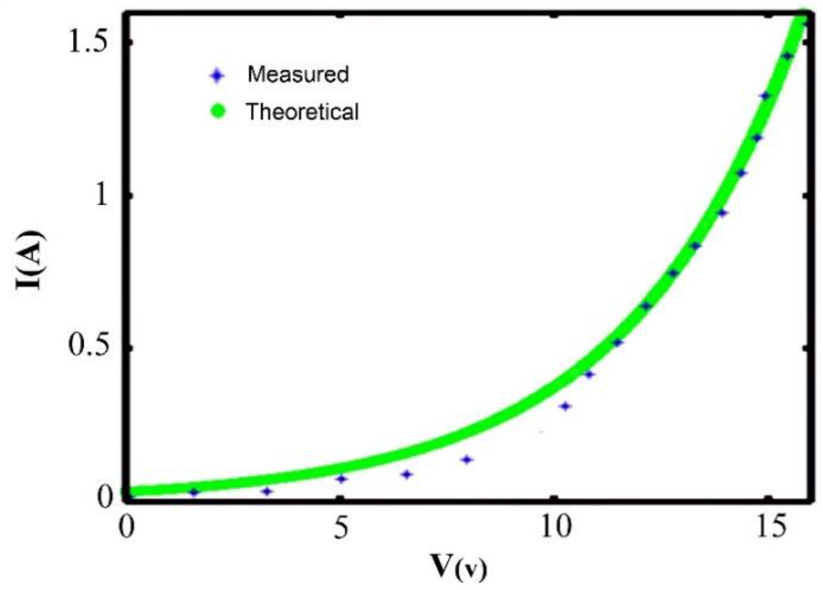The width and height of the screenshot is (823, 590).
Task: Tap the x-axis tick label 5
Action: pyautogui.click(x=341, y=527)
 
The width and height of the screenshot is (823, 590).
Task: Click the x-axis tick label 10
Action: pyautogui.click(x=554, y=527)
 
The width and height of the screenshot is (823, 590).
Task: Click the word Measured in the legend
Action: pyautogui.click(x=298, y=74)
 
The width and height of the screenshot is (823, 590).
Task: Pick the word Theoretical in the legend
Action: pyautogui.click(x=302, y=112)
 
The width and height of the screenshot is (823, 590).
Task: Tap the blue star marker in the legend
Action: pyautogui.click(x=217, y=76)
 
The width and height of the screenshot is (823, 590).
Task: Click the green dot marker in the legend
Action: pyautogui.click(x=218, y=112)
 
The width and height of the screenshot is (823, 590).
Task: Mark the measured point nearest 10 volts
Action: pyautogui.click(x=565, y=407)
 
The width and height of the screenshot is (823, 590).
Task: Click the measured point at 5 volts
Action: pyautogui.click(x=342, y=479)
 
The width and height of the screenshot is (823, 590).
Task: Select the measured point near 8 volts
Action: pyautogui.click(x=466, y=460)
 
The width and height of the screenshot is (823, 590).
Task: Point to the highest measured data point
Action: pyautogui.click(x=787, y=56)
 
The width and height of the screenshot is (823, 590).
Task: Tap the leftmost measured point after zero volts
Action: pyautogui.click(x=194, y=492)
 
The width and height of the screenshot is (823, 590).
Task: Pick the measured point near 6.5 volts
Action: pyautogui.click(x=407, y=474)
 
